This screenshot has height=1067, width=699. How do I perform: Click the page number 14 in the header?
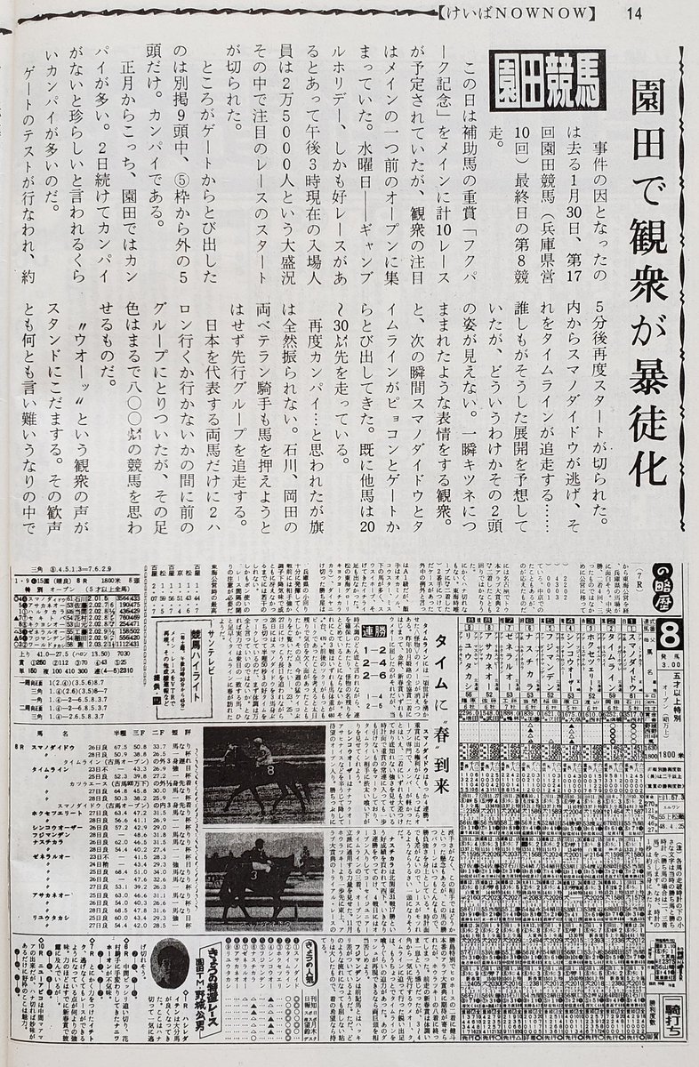point(634,12)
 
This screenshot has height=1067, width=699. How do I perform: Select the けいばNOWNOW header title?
point(517,12)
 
